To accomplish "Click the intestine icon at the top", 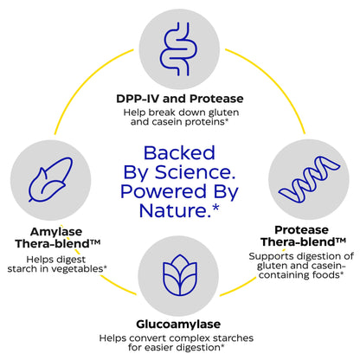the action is [x=179, y=49].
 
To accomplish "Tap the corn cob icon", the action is [x=50, y=179].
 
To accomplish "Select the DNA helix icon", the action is [x=309, y=179].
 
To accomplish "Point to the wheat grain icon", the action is [x=179, y=275].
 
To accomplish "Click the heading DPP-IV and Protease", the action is [x=180, y=99].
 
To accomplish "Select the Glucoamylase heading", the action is [x=178, y=325].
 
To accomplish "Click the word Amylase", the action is [x=56, y=232].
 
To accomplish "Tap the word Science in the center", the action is [x=195, y=172].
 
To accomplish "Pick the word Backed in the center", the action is [x=179, y=153].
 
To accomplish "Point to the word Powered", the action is [x=164, y=191].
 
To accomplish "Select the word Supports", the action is [x=272, y=256].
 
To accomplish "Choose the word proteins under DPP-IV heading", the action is [x=204, y=122].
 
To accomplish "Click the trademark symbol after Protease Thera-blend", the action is [x=340, y=240].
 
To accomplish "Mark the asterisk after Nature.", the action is [x=215, y=208].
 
